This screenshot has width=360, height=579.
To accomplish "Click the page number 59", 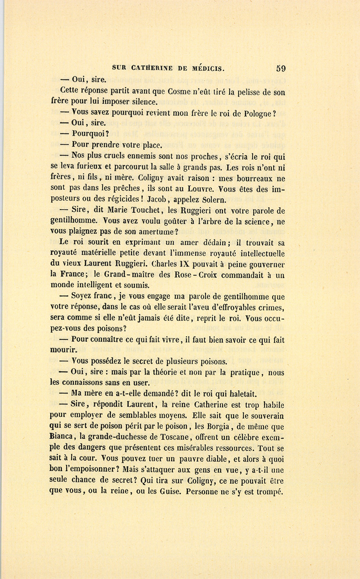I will (x=281, y=68).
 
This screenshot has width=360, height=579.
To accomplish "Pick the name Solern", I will (x=213, y=199).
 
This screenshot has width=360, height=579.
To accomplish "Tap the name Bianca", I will (x=63, y=437).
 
